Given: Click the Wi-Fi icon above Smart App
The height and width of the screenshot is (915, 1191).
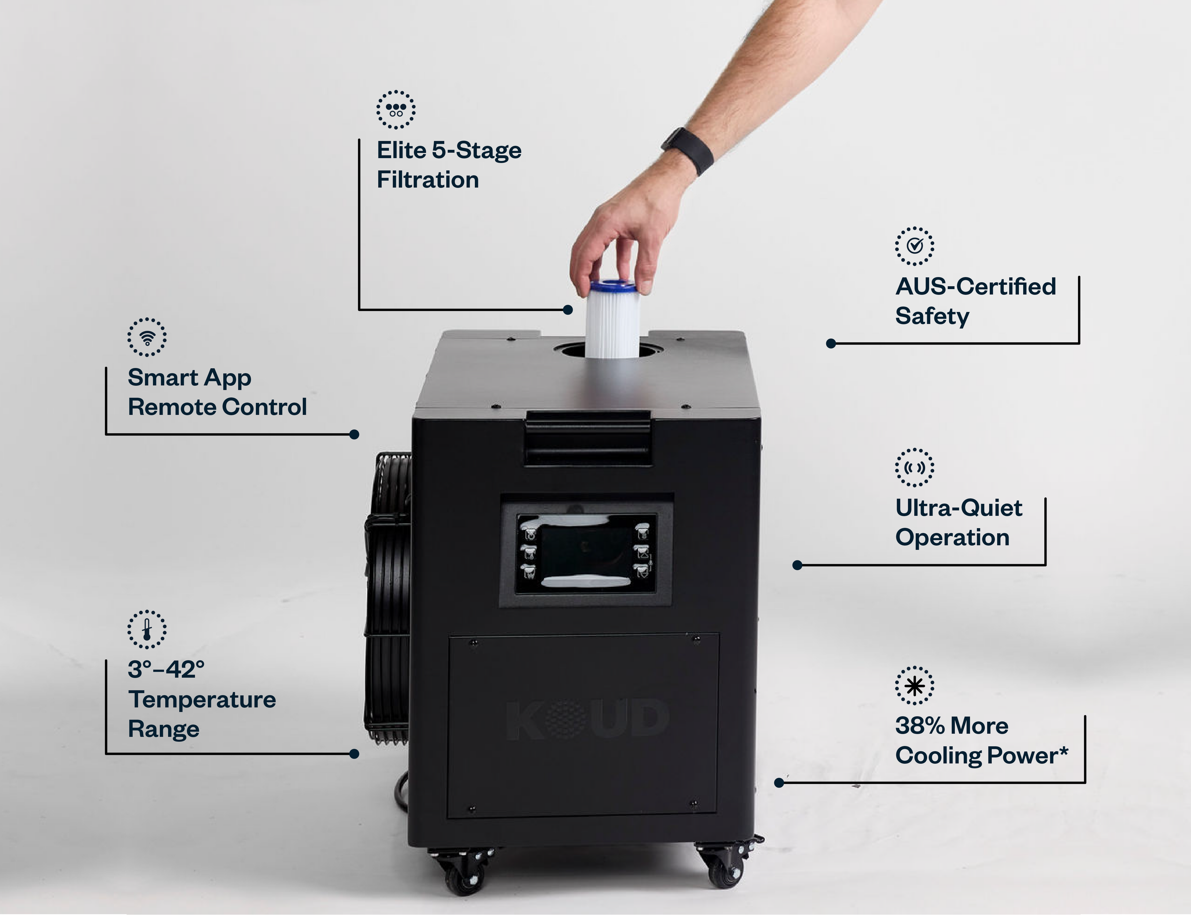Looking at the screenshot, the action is [x=147, y=337].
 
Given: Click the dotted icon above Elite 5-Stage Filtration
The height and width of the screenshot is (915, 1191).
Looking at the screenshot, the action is [x=396, y=109].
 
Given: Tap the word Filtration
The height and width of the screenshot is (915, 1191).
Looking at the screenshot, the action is [x=428, y=180].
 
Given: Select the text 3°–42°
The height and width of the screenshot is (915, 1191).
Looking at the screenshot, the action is [x=166, y=669].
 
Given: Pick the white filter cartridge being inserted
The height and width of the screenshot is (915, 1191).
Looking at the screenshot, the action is [x=613, y=320].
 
